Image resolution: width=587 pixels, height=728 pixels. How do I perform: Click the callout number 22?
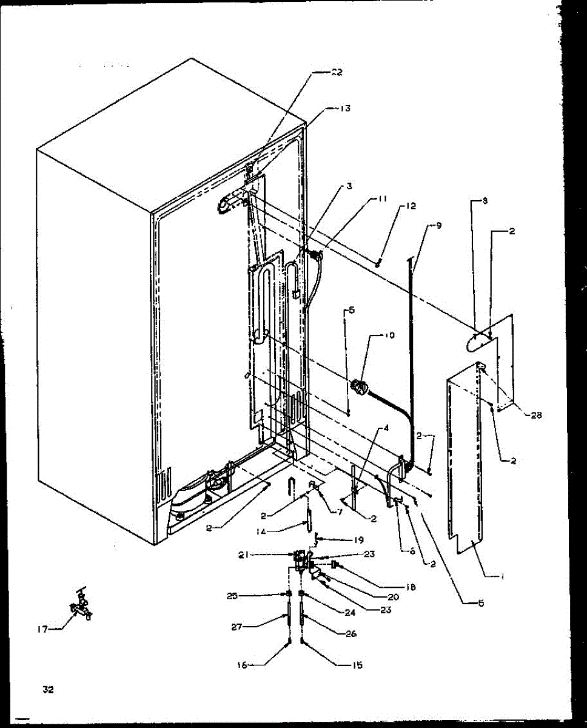click(337, 72)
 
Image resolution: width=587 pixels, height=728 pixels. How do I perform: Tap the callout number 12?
click(412, 206)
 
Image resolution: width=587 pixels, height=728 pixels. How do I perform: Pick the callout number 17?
click(41, 629)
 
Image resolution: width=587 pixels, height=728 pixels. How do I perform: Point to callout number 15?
click(357, 666)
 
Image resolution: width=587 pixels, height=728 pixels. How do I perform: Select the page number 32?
click(49, 689)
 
